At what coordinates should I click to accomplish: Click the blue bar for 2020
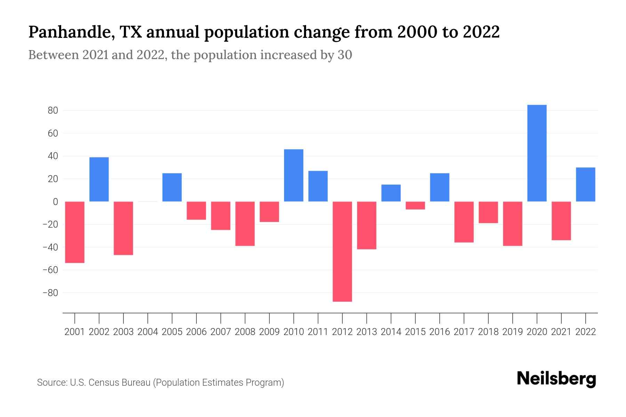(537, 153)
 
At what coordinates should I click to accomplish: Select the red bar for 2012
(342, 251)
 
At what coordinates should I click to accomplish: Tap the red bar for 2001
(75, 232)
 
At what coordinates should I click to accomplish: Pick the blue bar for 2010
(294, 175)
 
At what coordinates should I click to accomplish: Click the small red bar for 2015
(415, 205)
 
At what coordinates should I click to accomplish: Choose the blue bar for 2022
(585, 185)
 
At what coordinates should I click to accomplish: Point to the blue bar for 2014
(391, 193)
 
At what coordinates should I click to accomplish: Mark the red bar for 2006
(196, 211)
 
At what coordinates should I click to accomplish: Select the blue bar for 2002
(99, 179)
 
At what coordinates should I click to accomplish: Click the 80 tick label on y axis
(53, 111)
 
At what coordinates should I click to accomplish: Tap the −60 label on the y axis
(50, 270)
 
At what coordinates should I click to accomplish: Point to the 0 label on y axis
(55, 202)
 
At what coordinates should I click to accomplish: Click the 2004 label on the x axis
(148, 332)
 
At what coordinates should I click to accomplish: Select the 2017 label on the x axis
(464, 332)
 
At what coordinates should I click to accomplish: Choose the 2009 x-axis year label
(269, 332)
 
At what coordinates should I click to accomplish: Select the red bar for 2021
(561, 221)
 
